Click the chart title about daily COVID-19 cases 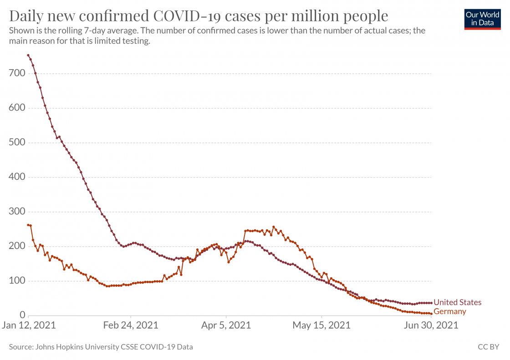pos(199,16)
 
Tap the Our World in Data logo pos(482,19)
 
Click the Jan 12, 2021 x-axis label pos(29,325)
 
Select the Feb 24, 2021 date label pos(131,325)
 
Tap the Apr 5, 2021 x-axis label pos(226,325)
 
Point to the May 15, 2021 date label pos(321,325)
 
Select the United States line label pos(457,303)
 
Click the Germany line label pos(450,312)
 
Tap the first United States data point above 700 pos(28,56)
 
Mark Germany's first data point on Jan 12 pos(28,225)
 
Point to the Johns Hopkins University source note pos(101,347)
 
